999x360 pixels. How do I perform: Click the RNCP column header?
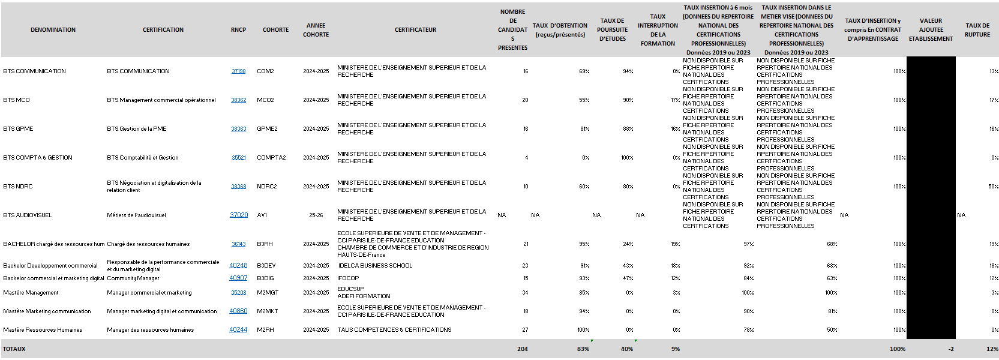click(x=238, y=29)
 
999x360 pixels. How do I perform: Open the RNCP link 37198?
click(x=238, y=71)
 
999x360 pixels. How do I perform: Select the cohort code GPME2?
click(x=267, y=129)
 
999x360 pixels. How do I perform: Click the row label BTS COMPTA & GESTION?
click(x=38, y=158)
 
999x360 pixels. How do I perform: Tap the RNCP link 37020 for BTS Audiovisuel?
click(x=239, y=215)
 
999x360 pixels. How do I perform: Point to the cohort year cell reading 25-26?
click(x=316, y=215)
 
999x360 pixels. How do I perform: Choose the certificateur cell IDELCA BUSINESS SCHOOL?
click(x=375, y=266)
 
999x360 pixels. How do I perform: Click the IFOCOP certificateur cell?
click(x=348, y=278)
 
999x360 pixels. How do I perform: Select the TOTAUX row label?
click(x=14, y=349)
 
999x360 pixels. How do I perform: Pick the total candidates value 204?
click(x=522, y=349)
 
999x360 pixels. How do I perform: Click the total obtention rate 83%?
click(x=583, y=349)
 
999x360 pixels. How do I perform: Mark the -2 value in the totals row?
click(x=950, y=349)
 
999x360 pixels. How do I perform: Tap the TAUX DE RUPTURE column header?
click(x=977, y=30)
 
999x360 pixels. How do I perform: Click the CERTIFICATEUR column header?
click(x=415, y=29)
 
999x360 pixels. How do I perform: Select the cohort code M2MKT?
click(x=268, y=311)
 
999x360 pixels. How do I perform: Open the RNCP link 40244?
click(x=238, y=330)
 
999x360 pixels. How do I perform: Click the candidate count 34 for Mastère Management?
click(x=525, y=293)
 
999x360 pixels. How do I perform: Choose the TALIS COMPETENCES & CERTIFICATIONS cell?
click(x=394, y=330)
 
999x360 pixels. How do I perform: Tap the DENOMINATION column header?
click(x=53, y=29)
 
